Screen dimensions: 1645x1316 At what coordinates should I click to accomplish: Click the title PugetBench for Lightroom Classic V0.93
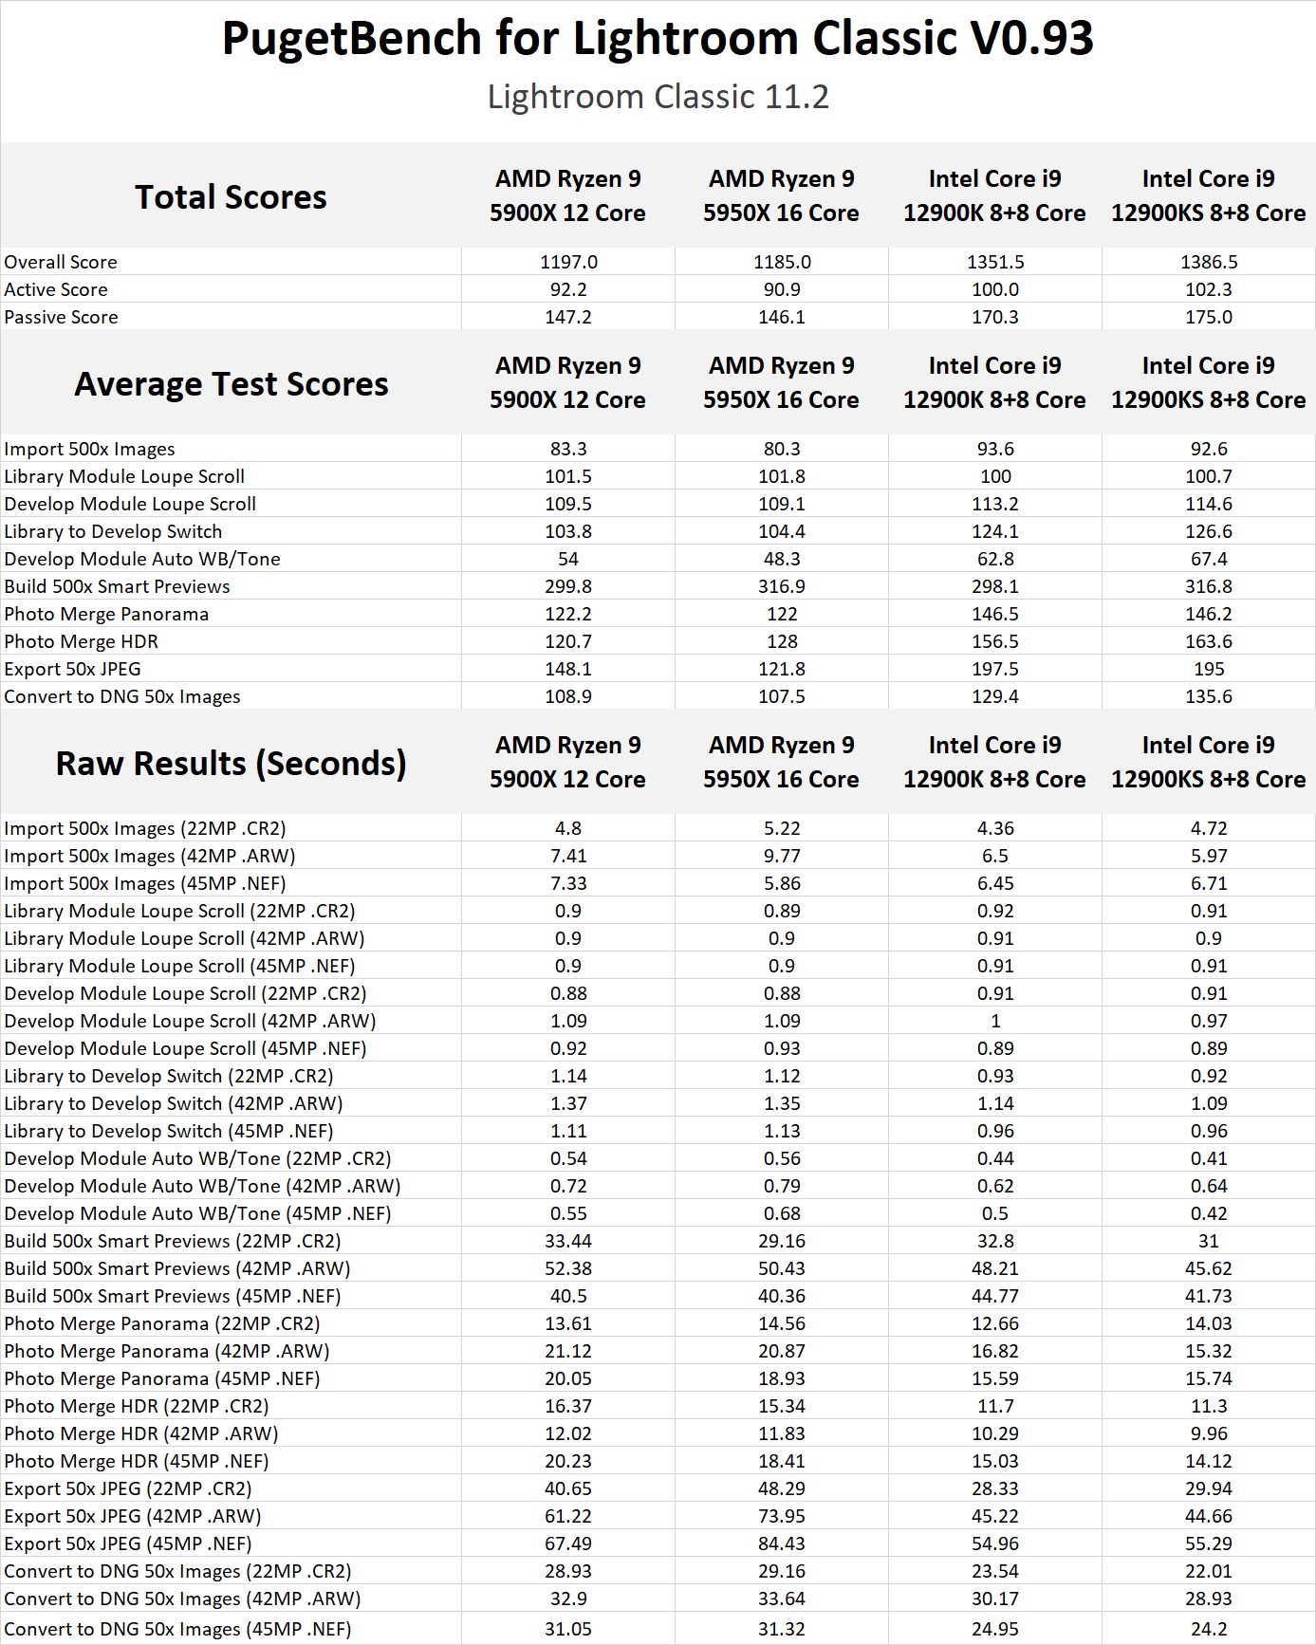(x=658, y=40)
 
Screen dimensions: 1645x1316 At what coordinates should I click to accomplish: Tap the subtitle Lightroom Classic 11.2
(x=658, y=97)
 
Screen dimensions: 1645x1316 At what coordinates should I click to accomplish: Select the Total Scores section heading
(x=231, y=196)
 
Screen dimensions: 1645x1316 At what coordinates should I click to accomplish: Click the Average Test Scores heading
(x=231, y=383)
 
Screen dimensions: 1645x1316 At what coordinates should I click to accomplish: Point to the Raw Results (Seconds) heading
(x=231, y=763)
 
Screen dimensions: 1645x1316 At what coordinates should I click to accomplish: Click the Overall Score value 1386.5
(x=1208, y=262)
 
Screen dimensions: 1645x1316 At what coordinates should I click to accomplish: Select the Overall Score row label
(x=61, y=262)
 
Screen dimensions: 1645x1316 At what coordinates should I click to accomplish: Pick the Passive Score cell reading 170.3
(x=994, y=317)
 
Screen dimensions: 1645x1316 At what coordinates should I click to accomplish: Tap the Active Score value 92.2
(x=567, y=289)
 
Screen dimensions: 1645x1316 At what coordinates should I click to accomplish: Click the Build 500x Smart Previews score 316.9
(x=781, y=586)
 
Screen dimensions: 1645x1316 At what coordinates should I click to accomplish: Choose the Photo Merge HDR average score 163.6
(x=1208, y=641)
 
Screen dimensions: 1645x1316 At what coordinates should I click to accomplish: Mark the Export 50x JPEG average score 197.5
(x=994, y=669)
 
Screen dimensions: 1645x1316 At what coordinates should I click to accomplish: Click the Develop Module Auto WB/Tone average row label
(x=142, y=559)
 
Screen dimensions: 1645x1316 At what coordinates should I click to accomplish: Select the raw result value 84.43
(x=781, y=1543)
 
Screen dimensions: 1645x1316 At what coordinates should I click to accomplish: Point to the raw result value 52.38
(x=567, y=1268)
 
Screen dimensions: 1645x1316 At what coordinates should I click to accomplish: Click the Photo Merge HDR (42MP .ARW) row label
(x=141, y=1433)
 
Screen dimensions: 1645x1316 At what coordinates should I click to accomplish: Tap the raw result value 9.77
(x=781, y=856)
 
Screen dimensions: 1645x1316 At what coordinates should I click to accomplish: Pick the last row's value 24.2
(x=1208, y=1629)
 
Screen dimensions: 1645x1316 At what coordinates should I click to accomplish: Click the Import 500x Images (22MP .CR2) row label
(x=145, y=828)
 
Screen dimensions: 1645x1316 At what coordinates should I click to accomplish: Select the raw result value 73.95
(x=781, y=1516)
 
